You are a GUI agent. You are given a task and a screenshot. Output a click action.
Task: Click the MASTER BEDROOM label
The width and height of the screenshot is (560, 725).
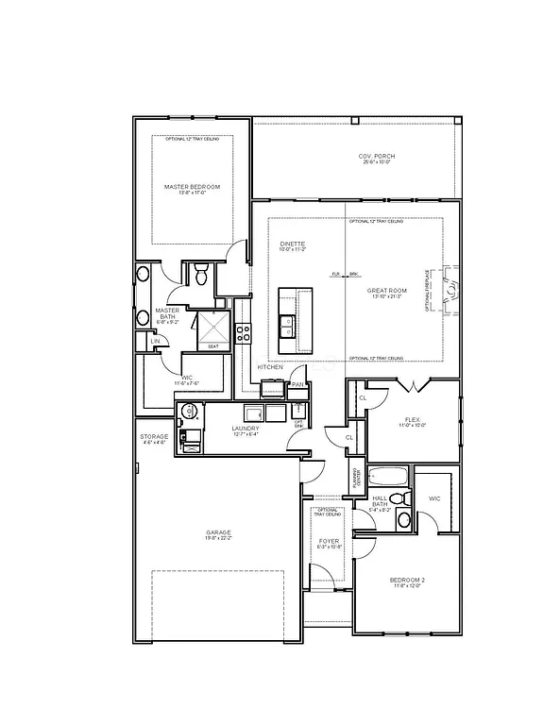192,187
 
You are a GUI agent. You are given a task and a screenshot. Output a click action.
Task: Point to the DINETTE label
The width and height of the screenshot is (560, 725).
292,244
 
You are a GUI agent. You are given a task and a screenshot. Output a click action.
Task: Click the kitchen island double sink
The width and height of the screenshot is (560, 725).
286,326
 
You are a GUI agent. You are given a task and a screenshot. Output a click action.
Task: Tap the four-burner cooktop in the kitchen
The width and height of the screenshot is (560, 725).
243,332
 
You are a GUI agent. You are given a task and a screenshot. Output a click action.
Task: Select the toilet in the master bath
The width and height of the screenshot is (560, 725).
199,275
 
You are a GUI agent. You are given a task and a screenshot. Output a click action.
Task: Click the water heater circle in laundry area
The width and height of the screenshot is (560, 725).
187,411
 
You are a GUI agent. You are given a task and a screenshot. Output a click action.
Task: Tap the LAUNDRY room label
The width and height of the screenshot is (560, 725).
245,428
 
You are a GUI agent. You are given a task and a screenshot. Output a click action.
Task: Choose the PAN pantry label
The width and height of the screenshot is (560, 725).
297,384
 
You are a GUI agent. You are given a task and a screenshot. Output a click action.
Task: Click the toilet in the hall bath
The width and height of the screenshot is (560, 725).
399,498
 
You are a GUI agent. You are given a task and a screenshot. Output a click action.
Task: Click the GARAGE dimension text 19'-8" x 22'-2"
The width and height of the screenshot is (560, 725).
219,539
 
